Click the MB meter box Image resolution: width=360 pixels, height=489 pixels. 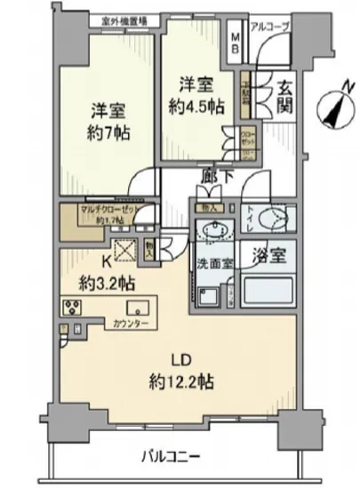pos(236,44)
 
